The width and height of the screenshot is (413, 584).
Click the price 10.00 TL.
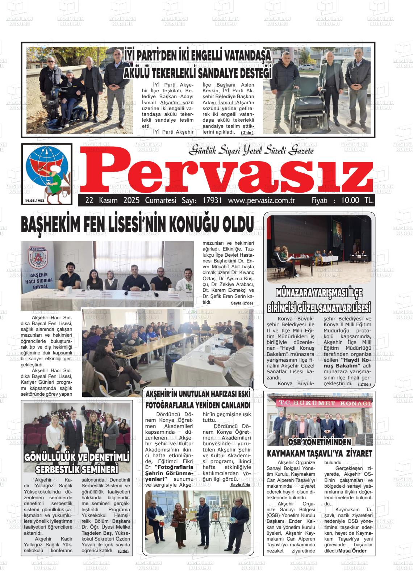356,200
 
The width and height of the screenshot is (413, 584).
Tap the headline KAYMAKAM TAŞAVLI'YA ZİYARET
319,453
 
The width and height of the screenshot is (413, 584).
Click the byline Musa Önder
352,551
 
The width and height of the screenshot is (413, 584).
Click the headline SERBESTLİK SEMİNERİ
77,469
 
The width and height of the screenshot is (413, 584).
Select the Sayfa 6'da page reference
240,484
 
